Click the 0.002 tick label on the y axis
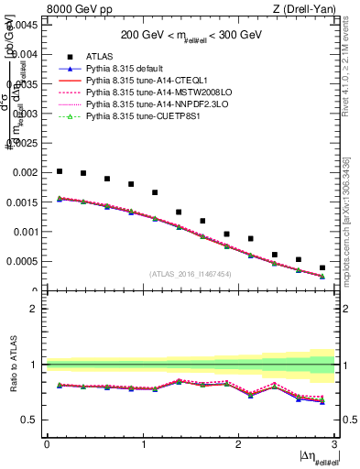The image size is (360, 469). [x=28, y=172]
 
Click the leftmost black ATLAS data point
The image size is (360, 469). [x=60, y=171]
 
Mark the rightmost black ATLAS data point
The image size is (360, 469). [x=322, y=267]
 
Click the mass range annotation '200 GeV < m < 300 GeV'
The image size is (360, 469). [x=191, y=37]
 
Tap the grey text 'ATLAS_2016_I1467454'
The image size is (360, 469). [x=191, y=274]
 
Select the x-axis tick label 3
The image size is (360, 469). [x=335, y=444]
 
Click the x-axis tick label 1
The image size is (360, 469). [x=143, y=444]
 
